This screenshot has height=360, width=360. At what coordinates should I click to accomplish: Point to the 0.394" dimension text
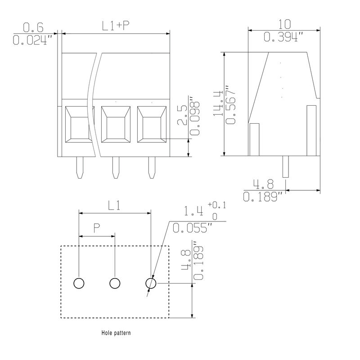(x=282, y=38)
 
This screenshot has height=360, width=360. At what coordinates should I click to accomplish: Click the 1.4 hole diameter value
(x=194, y=211)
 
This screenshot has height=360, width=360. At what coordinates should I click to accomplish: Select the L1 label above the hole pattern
(x=115, y=205)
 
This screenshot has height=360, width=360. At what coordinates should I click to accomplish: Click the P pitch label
(x=97, y=228)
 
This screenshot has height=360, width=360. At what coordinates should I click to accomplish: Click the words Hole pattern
(x=116, y=334)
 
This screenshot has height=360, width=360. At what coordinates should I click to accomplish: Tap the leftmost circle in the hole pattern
(x=79, y=283)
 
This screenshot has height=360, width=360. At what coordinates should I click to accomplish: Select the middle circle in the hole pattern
(x=115, y=283)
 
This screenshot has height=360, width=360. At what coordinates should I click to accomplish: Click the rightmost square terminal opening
(x=151, y=124)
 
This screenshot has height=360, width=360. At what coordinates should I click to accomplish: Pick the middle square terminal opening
(x=115, y=124)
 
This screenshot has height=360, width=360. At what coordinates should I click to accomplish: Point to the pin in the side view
(x=285, y=167)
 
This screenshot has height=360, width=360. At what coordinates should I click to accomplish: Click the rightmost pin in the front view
(x=151, y=167)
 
